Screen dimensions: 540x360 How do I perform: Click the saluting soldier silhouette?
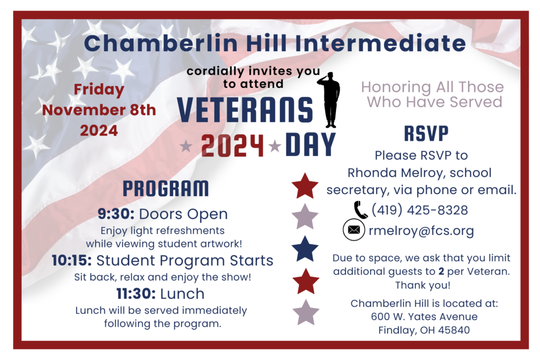[330, 100]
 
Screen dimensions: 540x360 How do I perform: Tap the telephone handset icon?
[361, 210]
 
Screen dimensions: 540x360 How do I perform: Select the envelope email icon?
[354, 230]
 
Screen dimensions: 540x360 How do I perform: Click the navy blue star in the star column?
[305, 248]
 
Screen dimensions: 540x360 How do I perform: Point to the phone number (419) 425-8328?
[419, 210]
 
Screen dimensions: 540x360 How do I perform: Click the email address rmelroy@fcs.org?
[421, 230]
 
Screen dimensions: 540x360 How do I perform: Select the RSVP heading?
[426, 133]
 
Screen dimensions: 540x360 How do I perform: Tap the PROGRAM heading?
[166, 189]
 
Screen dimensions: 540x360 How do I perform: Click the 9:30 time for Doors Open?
[116, 213]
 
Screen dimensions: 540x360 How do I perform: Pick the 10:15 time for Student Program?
[72, 260]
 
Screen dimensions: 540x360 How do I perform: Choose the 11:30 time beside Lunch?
[136, 294]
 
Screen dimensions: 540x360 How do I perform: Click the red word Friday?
[99, 90]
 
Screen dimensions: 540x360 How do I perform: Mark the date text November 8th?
[99, 110]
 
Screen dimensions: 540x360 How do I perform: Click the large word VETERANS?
[245, 110]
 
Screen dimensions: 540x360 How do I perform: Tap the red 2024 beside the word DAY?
[233, 145]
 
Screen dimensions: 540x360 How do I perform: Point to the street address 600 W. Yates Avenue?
[425, 316]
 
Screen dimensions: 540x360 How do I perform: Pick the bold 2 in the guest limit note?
[441, 271]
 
